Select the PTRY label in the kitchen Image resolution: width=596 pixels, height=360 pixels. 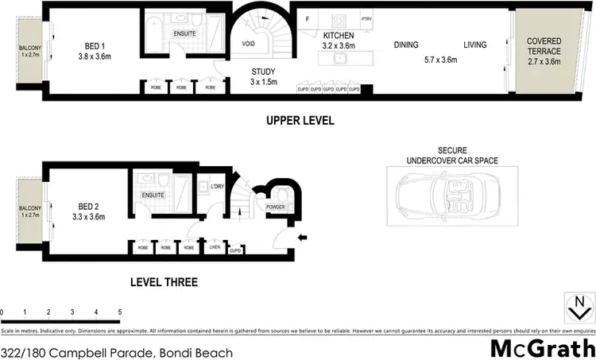coord(366,19)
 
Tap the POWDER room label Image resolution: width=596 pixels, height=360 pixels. coord(276,207)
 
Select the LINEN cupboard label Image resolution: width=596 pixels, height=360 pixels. coord(213,248)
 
